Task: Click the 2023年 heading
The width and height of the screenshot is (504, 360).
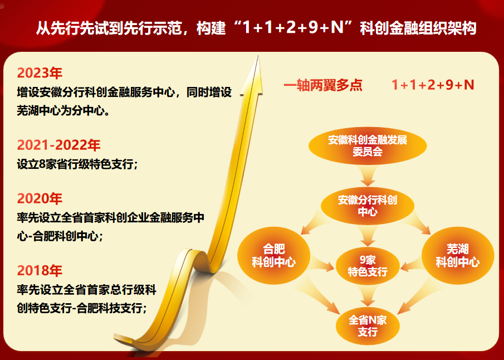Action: click(40, 73)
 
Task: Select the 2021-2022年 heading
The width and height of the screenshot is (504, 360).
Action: click(59, 145)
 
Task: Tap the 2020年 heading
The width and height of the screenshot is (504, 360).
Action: click(40, 198)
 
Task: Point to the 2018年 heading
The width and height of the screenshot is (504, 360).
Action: click(40, 271)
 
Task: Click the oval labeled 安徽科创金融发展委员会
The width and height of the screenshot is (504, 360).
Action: click(368, 146)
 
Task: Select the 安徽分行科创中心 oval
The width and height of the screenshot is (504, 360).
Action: click(368, 206)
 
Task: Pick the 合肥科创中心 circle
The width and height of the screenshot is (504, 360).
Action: click(273, 256)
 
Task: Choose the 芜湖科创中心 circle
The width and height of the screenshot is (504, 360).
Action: click(457, 256)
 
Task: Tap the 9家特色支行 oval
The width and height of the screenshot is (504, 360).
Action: click(368, 266)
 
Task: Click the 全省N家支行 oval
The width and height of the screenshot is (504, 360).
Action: click(368, 326)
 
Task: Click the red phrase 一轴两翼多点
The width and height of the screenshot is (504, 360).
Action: click(323, 85)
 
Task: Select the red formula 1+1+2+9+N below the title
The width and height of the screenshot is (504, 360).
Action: click(433, 85)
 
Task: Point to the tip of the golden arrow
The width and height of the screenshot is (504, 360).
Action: click(258, 56)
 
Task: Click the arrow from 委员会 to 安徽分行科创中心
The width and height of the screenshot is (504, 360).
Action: click(368, 176)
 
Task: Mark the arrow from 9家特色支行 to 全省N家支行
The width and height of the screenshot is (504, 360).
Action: click(368, 296)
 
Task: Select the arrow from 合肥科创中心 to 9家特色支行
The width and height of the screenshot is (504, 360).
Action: click(322, 263)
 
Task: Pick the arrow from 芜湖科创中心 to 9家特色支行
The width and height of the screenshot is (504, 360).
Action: click(413, 263)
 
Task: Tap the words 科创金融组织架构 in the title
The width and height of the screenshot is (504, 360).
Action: click(418, 28)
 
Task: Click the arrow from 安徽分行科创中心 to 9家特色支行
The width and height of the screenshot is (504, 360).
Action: click(368, 236)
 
